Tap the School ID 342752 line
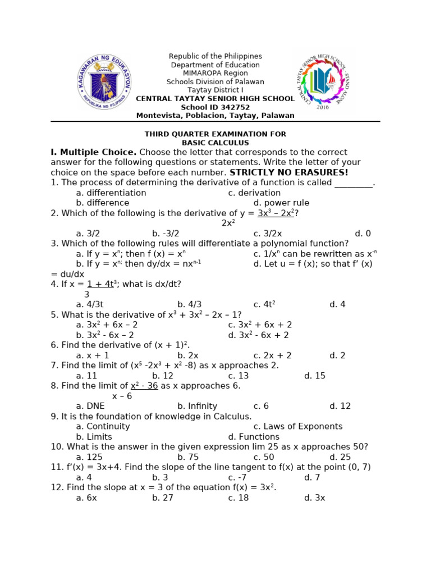(x=215, y=107)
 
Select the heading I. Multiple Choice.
(x=93, y=152)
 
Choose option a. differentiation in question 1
(x=111, y=193)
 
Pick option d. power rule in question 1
(x=281, y=203)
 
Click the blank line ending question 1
(x=354, y=183)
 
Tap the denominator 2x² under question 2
(x=228, y=223)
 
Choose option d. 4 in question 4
(x=337, y=304)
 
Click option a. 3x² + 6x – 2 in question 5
(x=107, y=325)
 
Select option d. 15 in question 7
(x=314, y=376)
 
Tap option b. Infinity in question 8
(x=197, y=406)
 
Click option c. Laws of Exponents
(x=297, y=426)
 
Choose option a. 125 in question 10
(x=89, y=457)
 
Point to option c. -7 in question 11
(x=238, y=477)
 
